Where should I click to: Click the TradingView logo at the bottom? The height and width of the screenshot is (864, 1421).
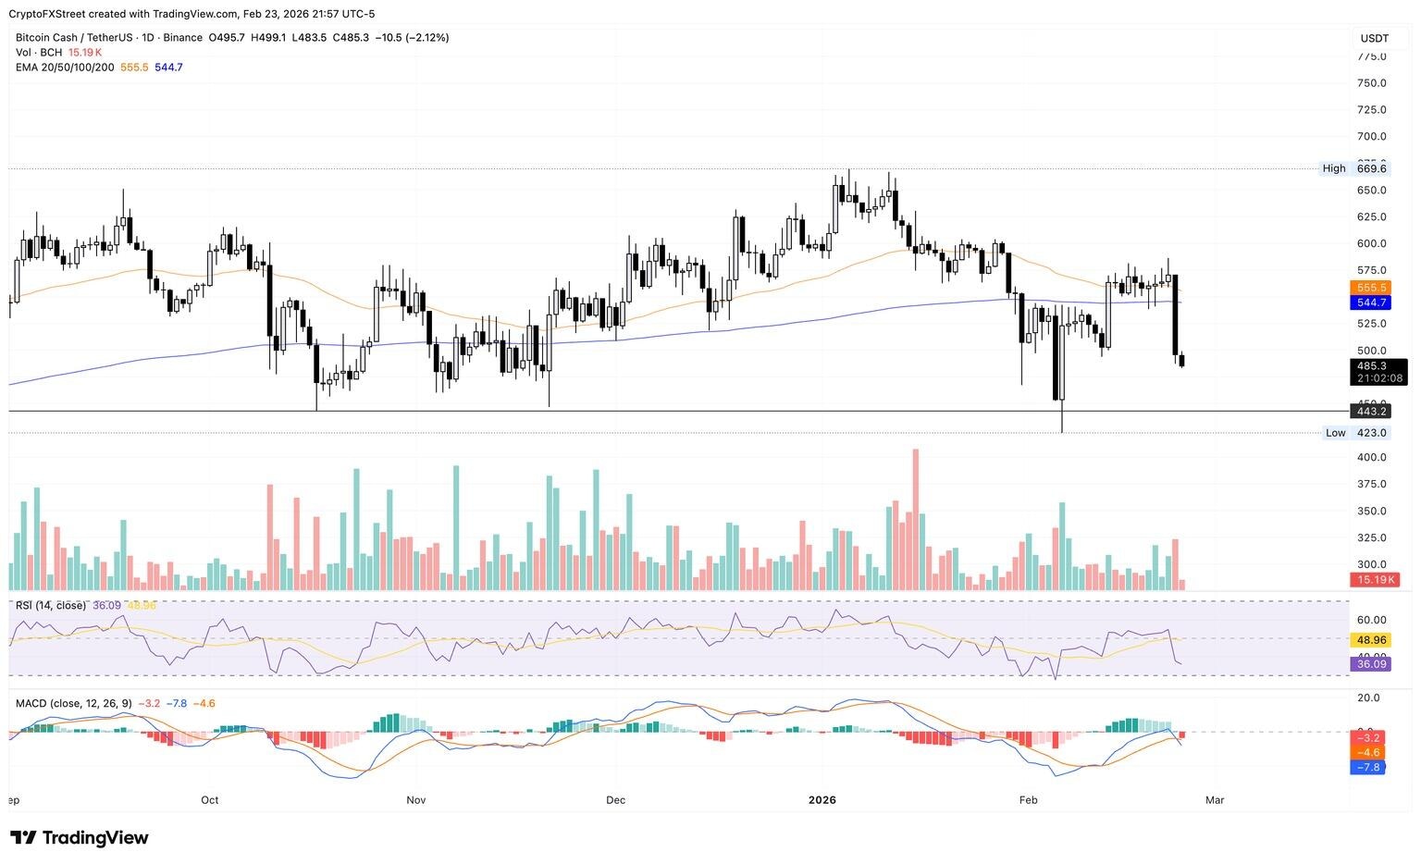pyautogui.click(x=79, y=838)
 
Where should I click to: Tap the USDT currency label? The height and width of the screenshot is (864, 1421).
pyautogui.click(x=1374, y=38)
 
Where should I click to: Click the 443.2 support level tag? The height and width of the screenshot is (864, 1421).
pyautogui.click(x=1370, y=411)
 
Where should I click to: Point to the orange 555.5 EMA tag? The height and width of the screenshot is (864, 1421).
pyautogui.click(x=1370, y=288)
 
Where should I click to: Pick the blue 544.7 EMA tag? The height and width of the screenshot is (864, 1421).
pyautogui.click(x=1370, y=302)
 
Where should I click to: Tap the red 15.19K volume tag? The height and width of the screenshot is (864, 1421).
pyautogui.click(x=1373, y=580)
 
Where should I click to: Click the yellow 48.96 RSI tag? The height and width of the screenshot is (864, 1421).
pyautogui.click(x=1370, y=640)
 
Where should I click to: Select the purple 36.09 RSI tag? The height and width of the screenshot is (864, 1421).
pyautogui.click(x=1370, y=664)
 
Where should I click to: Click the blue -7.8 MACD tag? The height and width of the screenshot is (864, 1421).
pyautogui.click(x=1368, y=768)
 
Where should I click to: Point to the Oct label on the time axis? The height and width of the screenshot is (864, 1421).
pyautogui.click(x=210, y=800)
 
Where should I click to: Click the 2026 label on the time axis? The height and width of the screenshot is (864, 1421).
pyautogui.click(x=822, y=800)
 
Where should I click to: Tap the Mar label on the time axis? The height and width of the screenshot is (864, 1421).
pyautogui.click(x=1215, y=800)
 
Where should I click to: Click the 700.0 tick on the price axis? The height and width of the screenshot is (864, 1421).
pyautogui.click(x=1371, y=137)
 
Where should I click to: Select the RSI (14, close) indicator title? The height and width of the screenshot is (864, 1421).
pyautogui.click(x=51, y=606)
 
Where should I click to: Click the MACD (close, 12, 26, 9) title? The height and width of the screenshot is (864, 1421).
pyautogui.click(x=74, y=704)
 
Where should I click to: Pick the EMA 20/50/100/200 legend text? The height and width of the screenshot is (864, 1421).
pyautogui.click(x=65, y=68)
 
